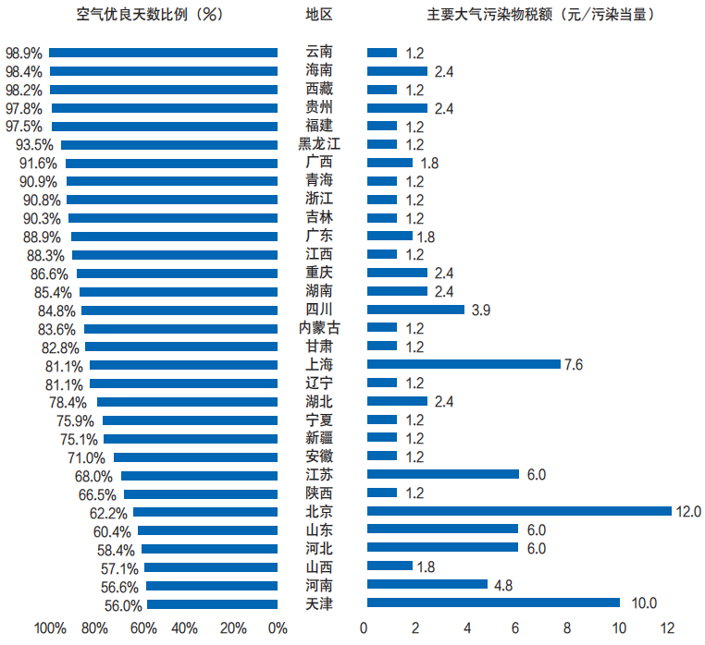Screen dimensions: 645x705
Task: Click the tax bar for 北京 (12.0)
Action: point(519,511)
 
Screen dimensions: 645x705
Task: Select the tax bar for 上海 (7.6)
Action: point(464,364)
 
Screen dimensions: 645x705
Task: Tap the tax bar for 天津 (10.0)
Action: point(493,602)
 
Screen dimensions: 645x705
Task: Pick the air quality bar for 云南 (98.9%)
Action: point(163,53)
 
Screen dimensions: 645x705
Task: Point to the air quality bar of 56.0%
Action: point(212,604)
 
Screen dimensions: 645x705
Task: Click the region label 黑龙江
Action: point(319,144)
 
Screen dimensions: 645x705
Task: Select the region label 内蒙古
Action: point(319,327)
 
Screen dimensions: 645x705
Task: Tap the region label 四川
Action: point(319,309)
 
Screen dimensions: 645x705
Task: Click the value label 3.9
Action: point(481,310)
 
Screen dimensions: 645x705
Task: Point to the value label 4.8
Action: point(504,585)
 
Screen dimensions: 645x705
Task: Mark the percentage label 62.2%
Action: point(107,512)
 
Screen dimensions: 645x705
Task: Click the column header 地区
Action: point(319,15)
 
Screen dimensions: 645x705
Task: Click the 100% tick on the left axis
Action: point(50,629)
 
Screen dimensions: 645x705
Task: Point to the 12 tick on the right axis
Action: point(667,629)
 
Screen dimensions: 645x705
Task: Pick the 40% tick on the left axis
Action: point(185,629)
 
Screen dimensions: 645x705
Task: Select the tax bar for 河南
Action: point(427,584)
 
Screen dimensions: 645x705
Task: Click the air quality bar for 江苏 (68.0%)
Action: point(199,475)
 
